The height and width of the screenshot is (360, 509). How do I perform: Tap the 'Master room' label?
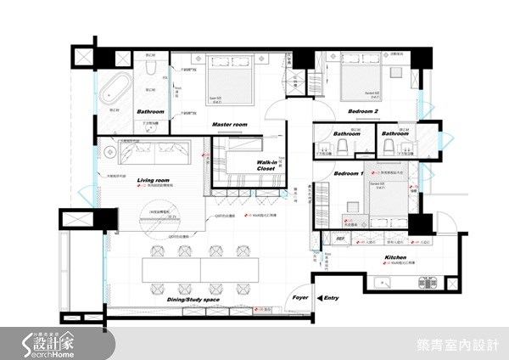[228, 124]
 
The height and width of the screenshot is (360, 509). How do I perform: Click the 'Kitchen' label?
[396, 255]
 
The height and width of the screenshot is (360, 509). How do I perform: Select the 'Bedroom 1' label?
[348, 173]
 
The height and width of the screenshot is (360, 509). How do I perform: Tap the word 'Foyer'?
[300, 299]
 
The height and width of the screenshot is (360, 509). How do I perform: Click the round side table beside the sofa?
[108, 153]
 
